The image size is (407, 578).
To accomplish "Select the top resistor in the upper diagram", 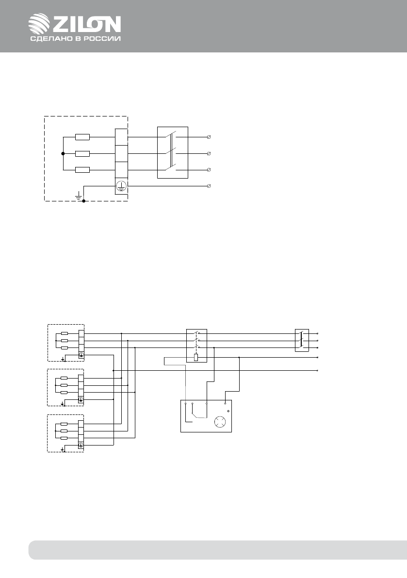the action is (x=82, y=137).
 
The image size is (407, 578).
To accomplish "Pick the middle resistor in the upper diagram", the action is (x=82, y=154).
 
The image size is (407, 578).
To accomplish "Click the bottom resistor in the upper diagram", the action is (x=82, y=170).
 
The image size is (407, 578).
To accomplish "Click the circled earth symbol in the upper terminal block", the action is (x=121, y=186).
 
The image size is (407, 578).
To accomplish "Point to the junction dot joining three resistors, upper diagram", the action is (x=63, y=154).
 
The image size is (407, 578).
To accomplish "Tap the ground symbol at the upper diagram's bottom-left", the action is (x=78, y=195).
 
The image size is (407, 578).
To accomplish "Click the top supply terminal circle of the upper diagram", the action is (x=209, y=137).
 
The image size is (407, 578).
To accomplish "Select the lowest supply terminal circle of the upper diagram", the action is (x=209, y=186).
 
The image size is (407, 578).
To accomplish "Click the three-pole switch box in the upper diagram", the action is (x=173, y=153).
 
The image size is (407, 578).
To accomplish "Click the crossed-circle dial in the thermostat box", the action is (x=221, y=422).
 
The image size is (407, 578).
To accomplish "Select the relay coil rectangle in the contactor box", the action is (x=196, y=358).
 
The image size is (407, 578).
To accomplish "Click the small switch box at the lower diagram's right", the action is (x=302, y=340).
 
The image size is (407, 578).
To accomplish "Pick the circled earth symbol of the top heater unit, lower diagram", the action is (x=81, y=355).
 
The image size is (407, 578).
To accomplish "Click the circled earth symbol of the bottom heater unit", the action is (x=81, y=446).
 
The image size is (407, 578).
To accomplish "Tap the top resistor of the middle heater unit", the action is (x=64, y=378).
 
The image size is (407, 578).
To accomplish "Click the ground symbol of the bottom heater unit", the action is (x=64, y=449).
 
